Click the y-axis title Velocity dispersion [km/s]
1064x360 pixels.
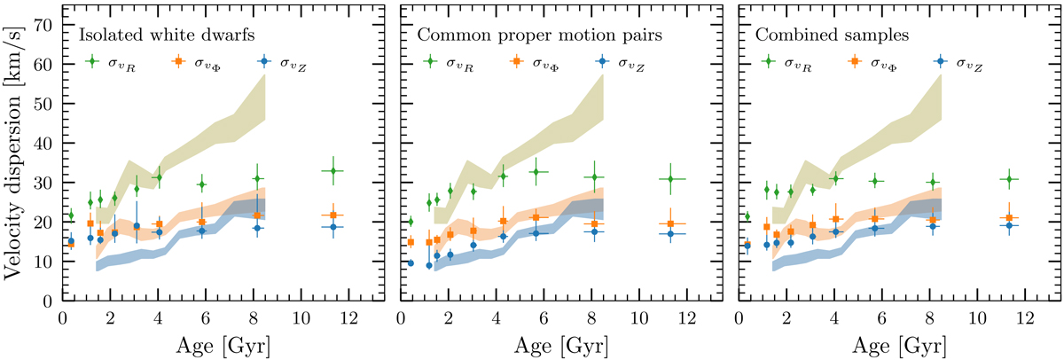point(15,154)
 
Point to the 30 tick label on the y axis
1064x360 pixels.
point(44,183)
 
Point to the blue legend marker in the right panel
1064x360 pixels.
point(939,62)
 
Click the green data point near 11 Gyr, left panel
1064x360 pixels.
point(332,170)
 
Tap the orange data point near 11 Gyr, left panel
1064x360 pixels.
point(332,215)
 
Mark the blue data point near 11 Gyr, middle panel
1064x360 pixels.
point(671,234)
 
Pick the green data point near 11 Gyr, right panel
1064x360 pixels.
point(1009,178)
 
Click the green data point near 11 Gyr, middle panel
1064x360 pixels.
point(671,179)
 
